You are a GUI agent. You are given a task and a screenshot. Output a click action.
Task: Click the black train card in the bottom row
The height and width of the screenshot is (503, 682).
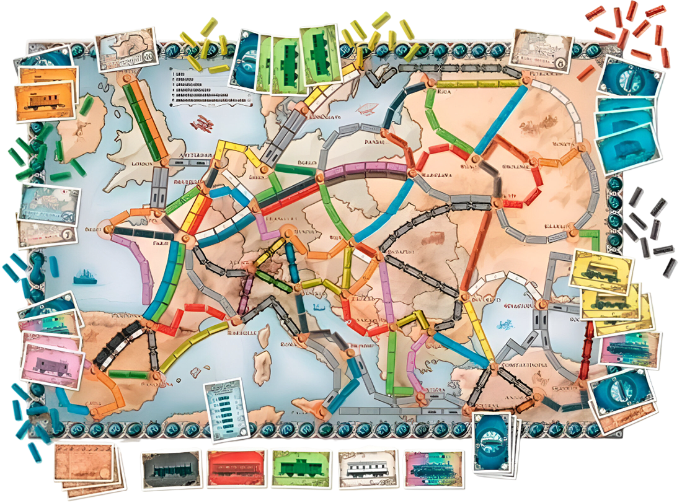pos(170,469)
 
